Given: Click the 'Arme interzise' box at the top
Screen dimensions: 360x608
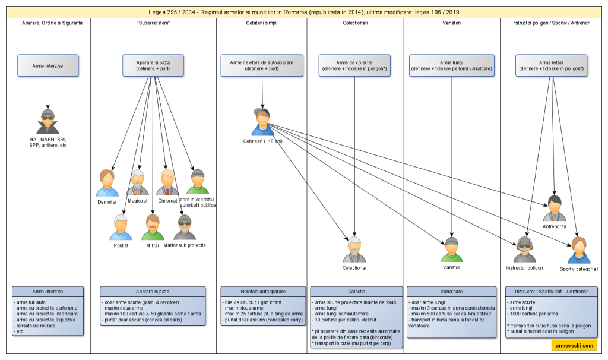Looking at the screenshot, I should pyautogui.click(x=47, y=65).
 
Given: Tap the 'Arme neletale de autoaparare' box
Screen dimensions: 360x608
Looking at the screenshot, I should pyautogui.click(x=262, y=65).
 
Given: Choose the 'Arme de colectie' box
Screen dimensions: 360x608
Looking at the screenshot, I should pyautogui.click(x=354, y=65).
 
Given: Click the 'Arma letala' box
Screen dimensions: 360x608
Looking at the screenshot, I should pyautogui.click(x=551, y=65).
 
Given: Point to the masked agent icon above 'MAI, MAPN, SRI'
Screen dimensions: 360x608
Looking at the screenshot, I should pyautogui.click(x=47, y=122).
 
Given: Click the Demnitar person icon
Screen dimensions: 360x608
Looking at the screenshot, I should pyautogui.click(x=107, y=183).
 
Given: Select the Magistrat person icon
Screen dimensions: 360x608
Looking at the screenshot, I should pyautogui.click(x=138, y=183).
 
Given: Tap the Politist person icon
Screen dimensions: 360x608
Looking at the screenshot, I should pyautogui.click(x=121, y=228).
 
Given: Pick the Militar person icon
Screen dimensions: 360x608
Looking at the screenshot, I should pyautogui.click(x=153, y=228).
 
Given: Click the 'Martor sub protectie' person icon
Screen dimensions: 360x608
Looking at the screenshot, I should pyautogui.click(x=185, y=228).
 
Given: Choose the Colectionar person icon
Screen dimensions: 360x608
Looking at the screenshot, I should pyautogui.click(x=354, y=250).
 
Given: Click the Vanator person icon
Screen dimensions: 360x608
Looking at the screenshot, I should pyautogui.click(x=451, y=250).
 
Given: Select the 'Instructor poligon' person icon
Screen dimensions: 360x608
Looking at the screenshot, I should pyautogui.click(x=525, y=250).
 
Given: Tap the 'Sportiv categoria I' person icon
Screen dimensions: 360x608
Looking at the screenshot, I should pyautogui.click(x=579, y=250).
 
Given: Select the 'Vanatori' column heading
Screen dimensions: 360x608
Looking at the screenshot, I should pyautogui.click(x=452, y=23).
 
